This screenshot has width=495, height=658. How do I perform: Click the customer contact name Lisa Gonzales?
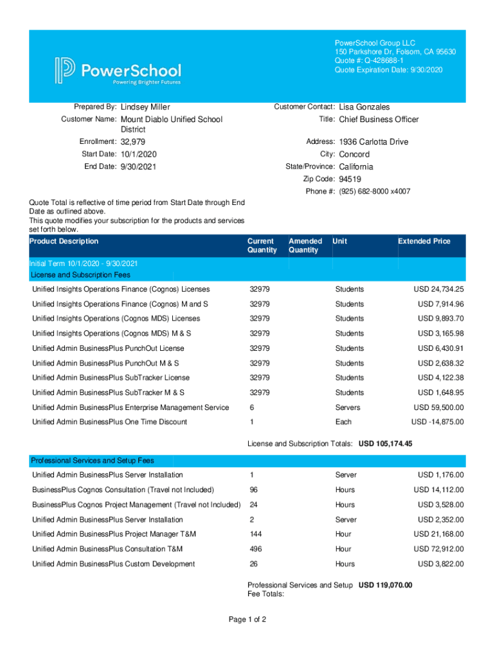(x=364, y=107)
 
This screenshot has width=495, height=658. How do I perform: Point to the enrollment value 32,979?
(x=133, y=141)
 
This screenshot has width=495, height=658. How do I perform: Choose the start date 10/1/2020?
(x=138, y=154)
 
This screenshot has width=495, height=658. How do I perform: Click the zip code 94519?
(x=350, y=179)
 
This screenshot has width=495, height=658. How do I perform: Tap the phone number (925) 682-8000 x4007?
(x=375, y=191)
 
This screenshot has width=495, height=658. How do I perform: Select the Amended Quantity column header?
(x=305, y=245)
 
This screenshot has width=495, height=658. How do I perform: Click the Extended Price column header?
(x=424, y=241)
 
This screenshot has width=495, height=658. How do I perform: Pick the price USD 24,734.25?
(x=438, y=289)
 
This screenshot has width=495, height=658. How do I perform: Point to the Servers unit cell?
(x=347, y=407)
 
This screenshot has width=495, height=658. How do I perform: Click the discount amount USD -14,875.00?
(x=437, y=422)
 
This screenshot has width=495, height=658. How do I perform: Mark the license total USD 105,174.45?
(x=385, y=444)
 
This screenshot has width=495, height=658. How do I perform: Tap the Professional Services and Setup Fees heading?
(x=93, y=461)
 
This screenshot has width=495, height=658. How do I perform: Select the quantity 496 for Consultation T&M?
(x=255, y=549)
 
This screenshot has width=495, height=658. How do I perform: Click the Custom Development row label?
(x=113, y=564)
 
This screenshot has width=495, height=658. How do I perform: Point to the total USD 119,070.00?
(x=385, y=585)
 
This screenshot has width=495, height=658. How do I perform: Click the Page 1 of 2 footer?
(x=247, y=620)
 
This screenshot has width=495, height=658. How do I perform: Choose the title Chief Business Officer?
(x=379, y=120)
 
